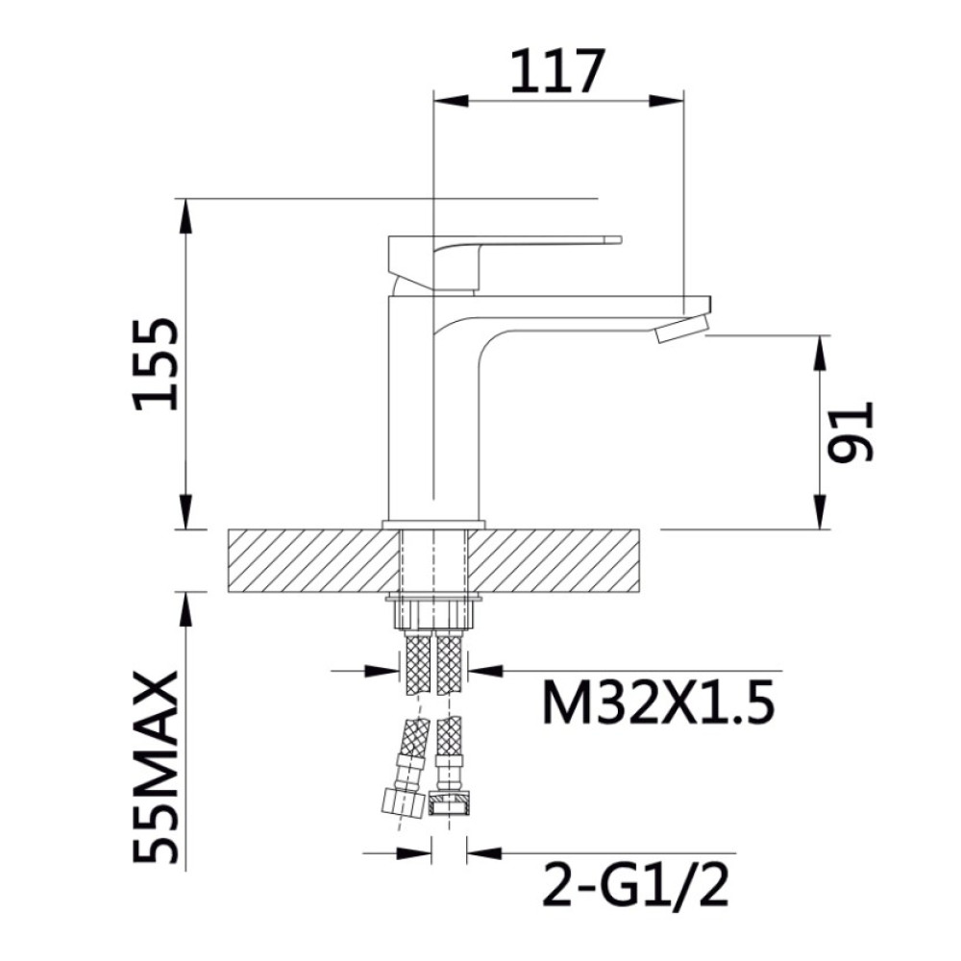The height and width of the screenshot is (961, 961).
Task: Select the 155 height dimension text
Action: tap(157, 364)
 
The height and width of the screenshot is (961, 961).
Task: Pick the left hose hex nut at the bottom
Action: tap(402, 801)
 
